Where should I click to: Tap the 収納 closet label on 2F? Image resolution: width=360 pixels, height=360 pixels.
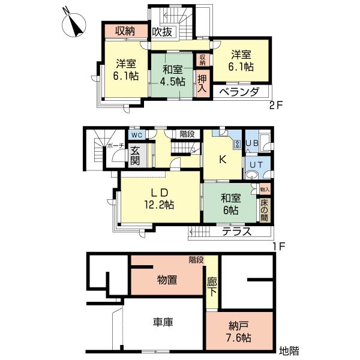pos(125,31)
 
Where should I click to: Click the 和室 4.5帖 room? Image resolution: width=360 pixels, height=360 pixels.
pos(172,76)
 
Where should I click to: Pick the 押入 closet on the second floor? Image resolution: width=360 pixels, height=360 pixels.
pos(202,82)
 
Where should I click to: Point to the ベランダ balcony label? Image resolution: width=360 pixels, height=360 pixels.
pos(238,92)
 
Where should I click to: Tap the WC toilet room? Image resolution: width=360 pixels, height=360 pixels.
pos(136,135)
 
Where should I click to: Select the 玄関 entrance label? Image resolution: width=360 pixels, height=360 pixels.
pos(135,155)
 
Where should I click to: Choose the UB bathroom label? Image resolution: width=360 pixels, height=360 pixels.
pos(252,143)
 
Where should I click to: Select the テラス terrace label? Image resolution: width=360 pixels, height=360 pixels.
pos(236,232)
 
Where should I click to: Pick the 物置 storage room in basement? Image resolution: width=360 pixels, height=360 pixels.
pos(166,280)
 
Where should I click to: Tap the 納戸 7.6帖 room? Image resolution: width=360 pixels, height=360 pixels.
pos(239,331)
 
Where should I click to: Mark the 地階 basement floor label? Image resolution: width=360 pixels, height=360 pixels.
pos(289,350)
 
